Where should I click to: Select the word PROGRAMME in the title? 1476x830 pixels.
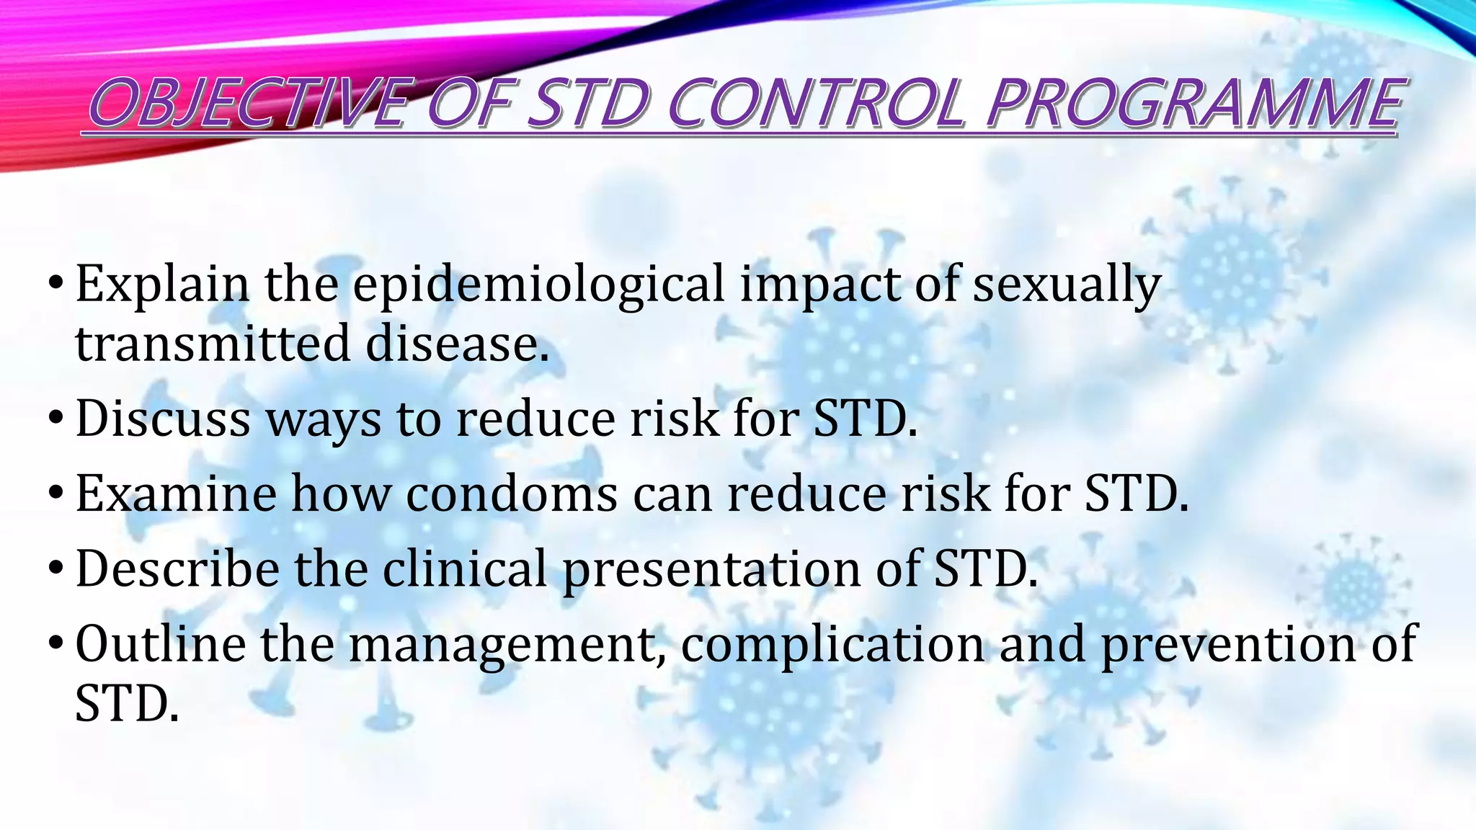pos(1193,104)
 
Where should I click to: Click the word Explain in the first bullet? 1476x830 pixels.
pos(162,285)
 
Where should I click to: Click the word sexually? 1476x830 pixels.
pos(1067,285)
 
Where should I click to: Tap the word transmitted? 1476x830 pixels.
pos(213,344)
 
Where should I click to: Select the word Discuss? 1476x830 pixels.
pos(163,419)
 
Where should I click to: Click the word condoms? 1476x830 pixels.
pos(512,494)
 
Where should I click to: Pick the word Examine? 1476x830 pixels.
pos(176,494)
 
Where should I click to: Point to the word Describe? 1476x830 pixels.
pos(177,569)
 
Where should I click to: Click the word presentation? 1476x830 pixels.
pos(711,569)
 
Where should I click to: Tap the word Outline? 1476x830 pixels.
pos(160,644)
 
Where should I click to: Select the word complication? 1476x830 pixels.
pos(832,644)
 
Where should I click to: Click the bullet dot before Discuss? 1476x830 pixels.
pos(56,419)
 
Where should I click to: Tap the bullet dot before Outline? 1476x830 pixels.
pos(56,644)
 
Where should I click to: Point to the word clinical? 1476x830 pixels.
pos(465,569)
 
